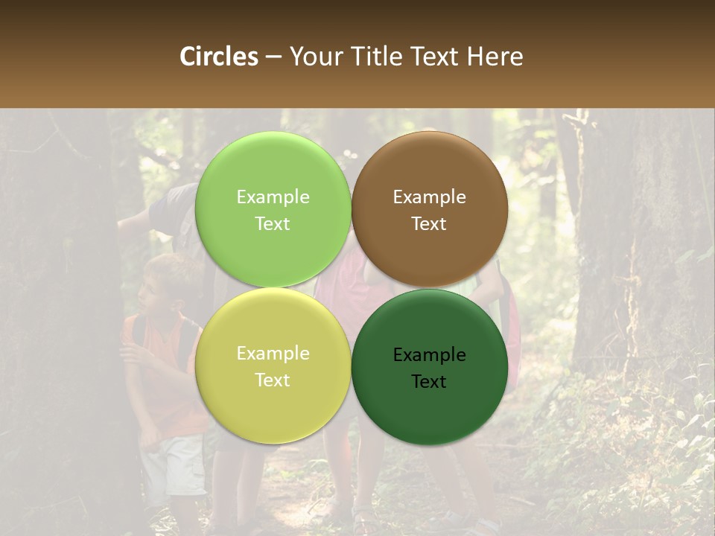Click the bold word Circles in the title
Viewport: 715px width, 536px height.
coord(219,57)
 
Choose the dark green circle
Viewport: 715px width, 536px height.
coord(429,406)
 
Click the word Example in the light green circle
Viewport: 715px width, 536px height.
coord(273,197)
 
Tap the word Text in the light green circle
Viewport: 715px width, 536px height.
coord(273,223)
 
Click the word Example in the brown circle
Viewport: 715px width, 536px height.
coord(429,197)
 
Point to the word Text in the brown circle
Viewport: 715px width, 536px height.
coord(429,223)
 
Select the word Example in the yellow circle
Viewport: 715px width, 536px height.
coord(273,354)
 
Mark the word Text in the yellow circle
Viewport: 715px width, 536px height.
coord(273,380)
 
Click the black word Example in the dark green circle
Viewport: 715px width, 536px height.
coord(429,355)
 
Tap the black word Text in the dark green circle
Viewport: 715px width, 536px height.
coord(429,381)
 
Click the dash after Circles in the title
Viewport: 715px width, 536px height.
coord(273,57)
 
